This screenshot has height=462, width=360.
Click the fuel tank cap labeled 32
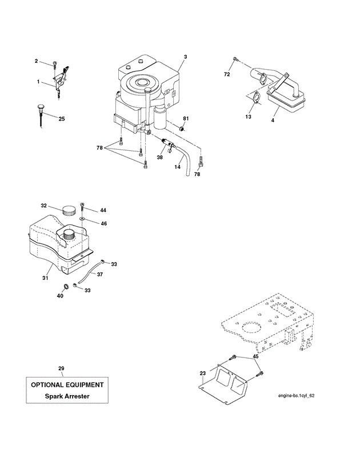tap(69, 210)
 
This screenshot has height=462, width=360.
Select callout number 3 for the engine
tap(186, 57)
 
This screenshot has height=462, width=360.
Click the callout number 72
tap(227, 75)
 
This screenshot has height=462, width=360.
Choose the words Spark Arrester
tap(67, 396)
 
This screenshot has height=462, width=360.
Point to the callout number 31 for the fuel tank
tap(45, 278)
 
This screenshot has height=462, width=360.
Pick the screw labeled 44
tap(83, 207)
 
